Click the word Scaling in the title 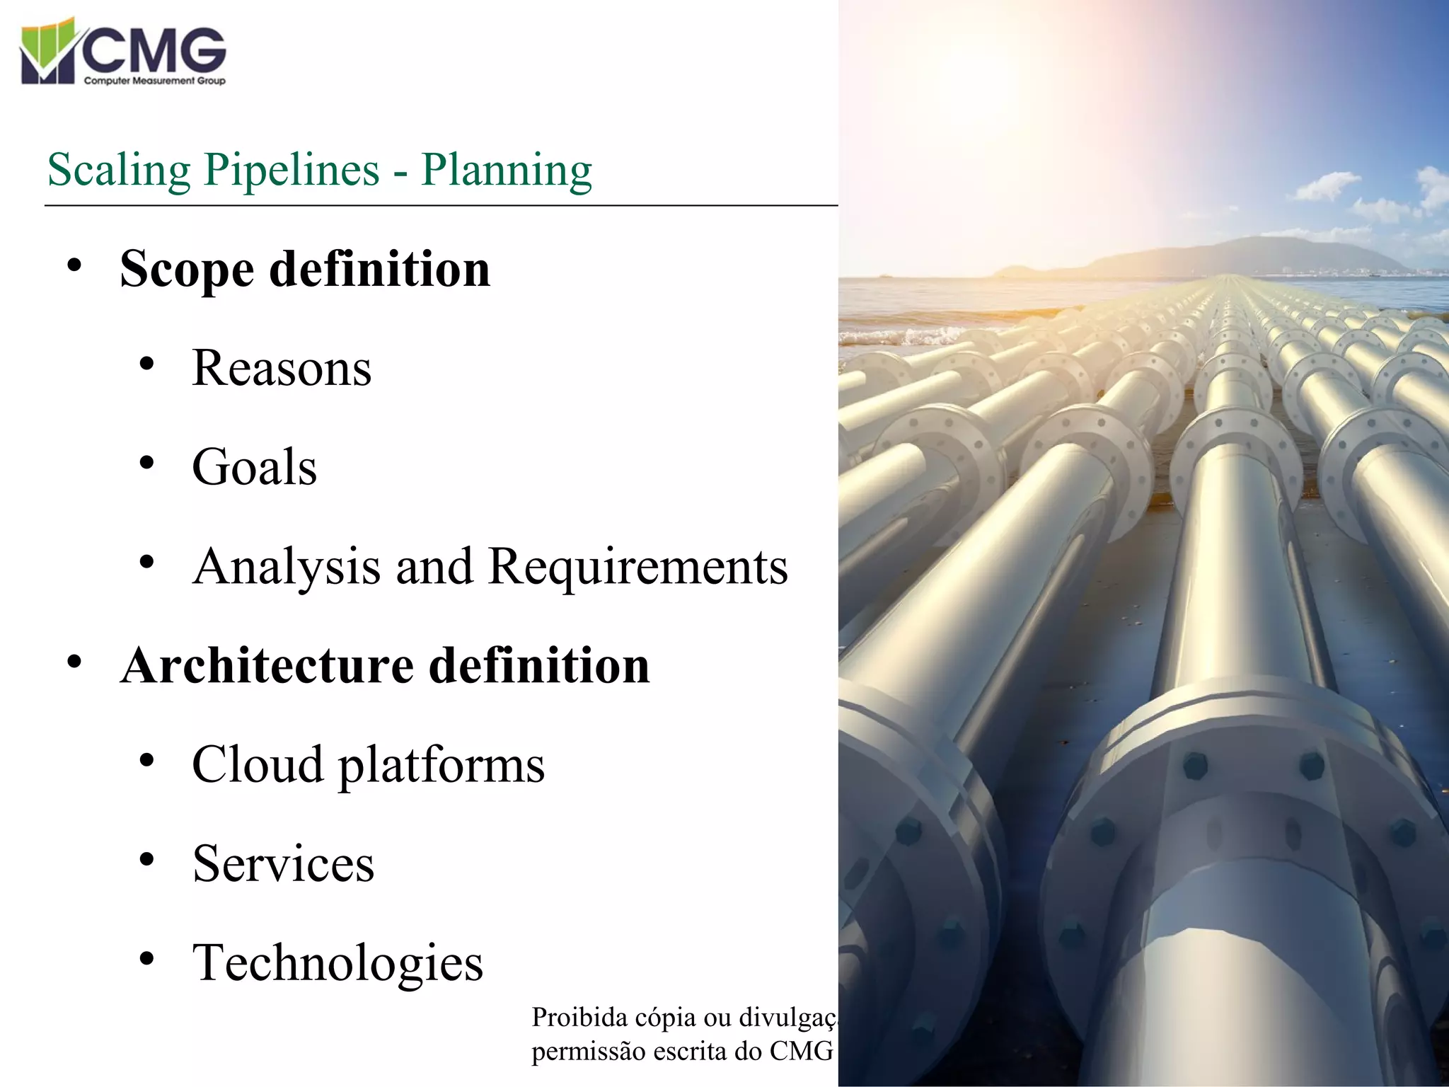click(x=119, y=170)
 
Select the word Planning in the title click(x=507, y=170)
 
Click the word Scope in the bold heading click(x=187, y=270)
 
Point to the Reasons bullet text click(x=282, y=368)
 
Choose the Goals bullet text click(x=255, y=467)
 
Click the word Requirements click(x=638, y=567)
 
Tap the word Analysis click(x=287, y=567)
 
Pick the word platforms click(x=441, y=766)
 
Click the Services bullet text click(x=283, y=863)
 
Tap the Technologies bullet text click(x=338, y=962)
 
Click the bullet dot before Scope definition click(x=74, y=267)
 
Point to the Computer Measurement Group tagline click(x=154, y=81)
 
